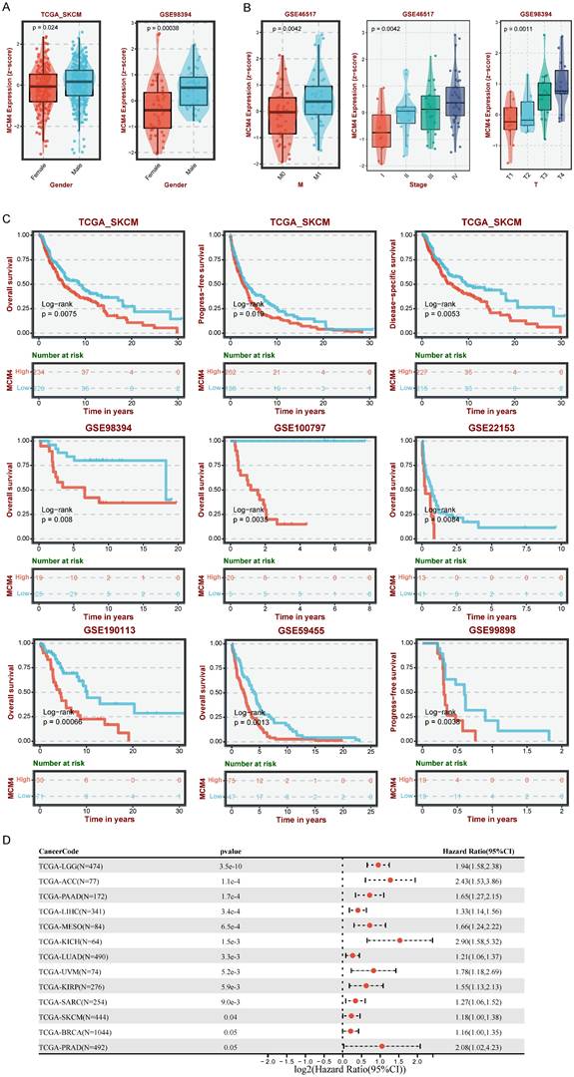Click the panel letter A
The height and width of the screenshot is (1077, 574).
pos(7,7)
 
